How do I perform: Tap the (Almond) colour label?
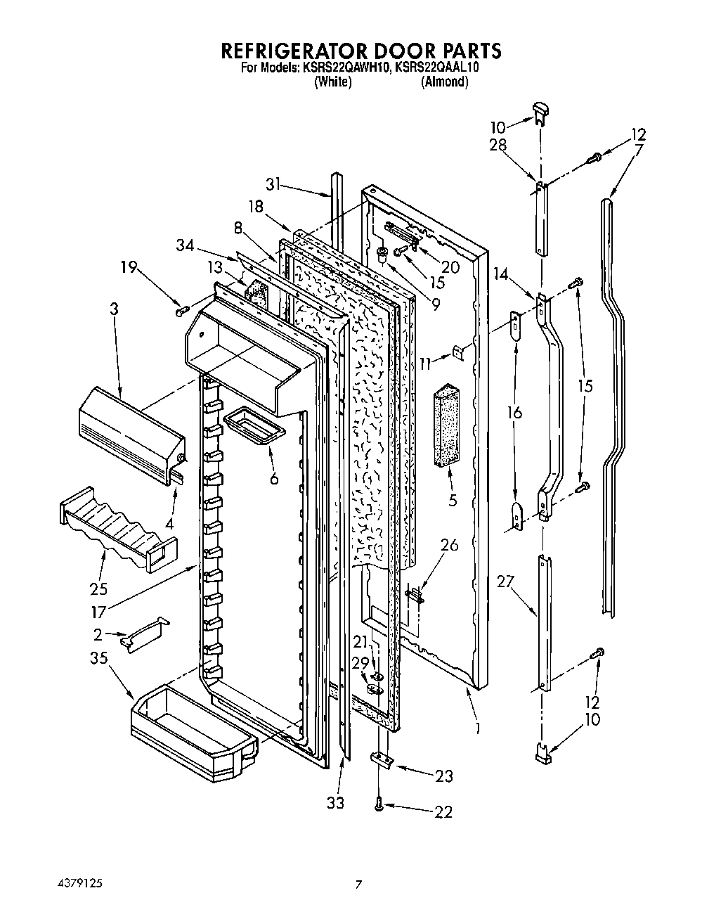click(x=444, y=82)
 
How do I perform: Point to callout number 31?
click(x=273, y=184)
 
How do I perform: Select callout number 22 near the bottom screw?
click(x=443, y=812)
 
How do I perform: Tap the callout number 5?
click(x=453, y=501)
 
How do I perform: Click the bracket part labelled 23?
click(x=381, y=760)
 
